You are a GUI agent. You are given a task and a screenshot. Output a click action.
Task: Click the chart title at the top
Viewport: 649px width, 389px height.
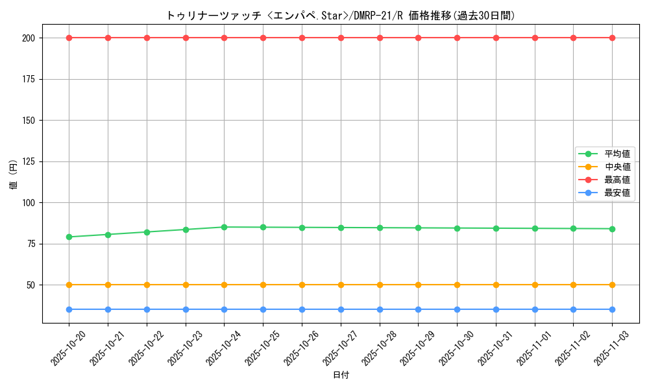(x=341, y=16)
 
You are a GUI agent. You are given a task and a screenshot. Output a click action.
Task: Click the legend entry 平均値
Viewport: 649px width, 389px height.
(x=617, y=154)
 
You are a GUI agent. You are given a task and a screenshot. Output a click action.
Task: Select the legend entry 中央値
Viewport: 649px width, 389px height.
(x=617, y=167)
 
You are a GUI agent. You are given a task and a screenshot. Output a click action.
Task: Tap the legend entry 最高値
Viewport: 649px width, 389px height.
(x=617, y=180)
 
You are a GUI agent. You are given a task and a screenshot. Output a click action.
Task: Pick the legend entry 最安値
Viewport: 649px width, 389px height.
(x=617, y=193)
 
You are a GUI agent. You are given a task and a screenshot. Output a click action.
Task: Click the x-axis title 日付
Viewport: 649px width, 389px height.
(x=341, y=375)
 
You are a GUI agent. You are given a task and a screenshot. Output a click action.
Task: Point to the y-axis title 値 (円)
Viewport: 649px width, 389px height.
(x=13, y=176)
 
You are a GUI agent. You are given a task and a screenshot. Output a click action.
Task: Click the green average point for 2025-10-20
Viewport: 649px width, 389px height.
(x=69, y=237)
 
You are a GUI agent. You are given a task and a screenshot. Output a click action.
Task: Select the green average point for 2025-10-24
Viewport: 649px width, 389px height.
(x=224, y=227)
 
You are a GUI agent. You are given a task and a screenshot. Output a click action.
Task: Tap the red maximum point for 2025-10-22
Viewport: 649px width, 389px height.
(x=147, y=38)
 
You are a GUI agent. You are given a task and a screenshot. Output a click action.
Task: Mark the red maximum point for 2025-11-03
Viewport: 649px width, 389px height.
(x=612, y=38)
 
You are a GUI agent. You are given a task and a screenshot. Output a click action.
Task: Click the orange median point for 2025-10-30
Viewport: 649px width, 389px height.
(x=457, y=285)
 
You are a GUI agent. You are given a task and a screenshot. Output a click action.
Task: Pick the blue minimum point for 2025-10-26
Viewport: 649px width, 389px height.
(x=302, y=309)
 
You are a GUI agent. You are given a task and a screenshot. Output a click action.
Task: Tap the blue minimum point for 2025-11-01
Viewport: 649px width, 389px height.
(x=535, y=309)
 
